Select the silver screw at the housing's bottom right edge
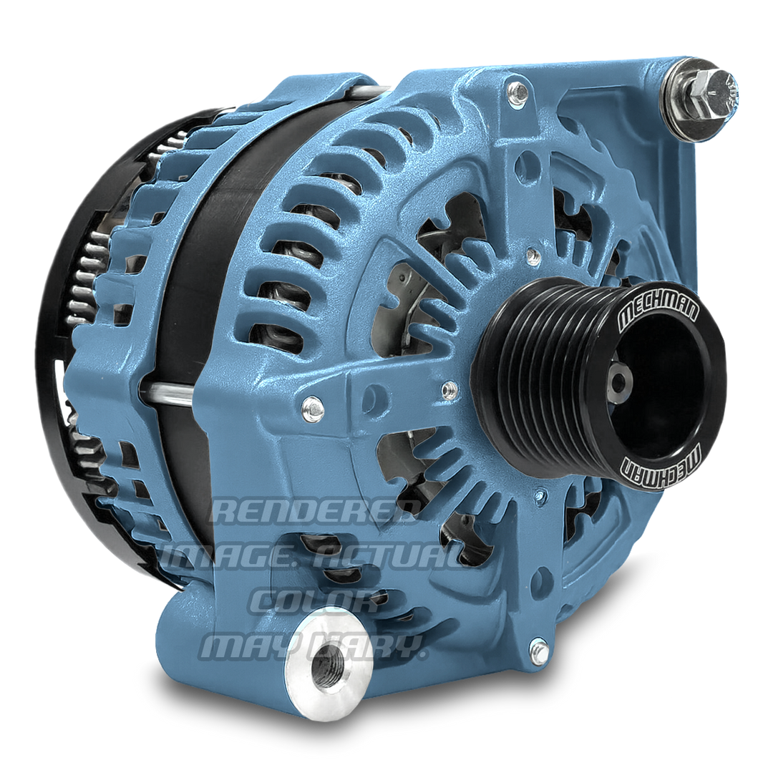click(x=540, y=648)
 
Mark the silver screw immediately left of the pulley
click(x=449, y=389)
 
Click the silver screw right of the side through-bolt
click(x=313, y=409)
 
